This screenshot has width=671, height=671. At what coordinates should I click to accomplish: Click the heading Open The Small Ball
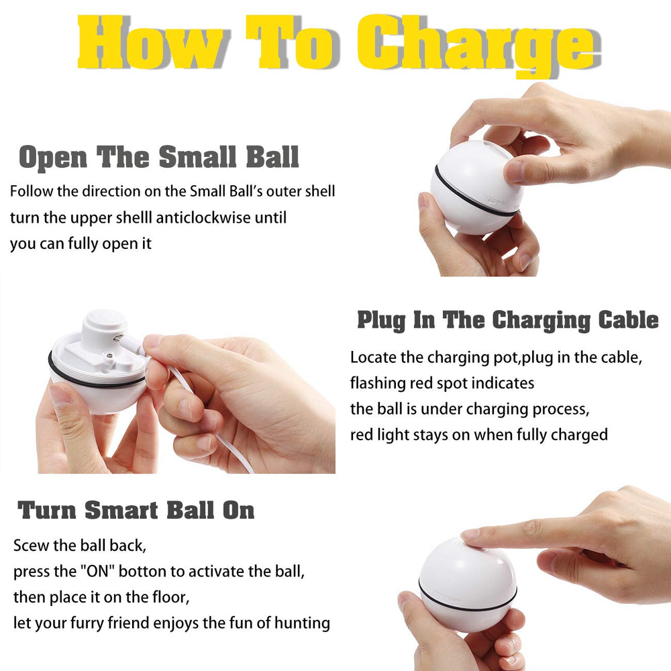click(159, 157)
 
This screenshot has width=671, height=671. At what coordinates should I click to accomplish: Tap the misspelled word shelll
click(132, 218)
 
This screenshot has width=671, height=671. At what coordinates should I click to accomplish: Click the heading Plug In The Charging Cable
click(507, 320)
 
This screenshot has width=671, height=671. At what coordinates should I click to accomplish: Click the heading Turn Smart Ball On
click(136, 511)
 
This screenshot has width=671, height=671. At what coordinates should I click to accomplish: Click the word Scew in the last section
click(30, 546)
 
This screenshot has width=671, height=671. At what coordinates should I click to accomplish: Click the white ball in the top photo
click(473, 188)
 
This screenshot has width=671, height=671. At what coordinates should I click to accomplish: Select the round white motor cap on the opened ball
click(103, 321)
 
